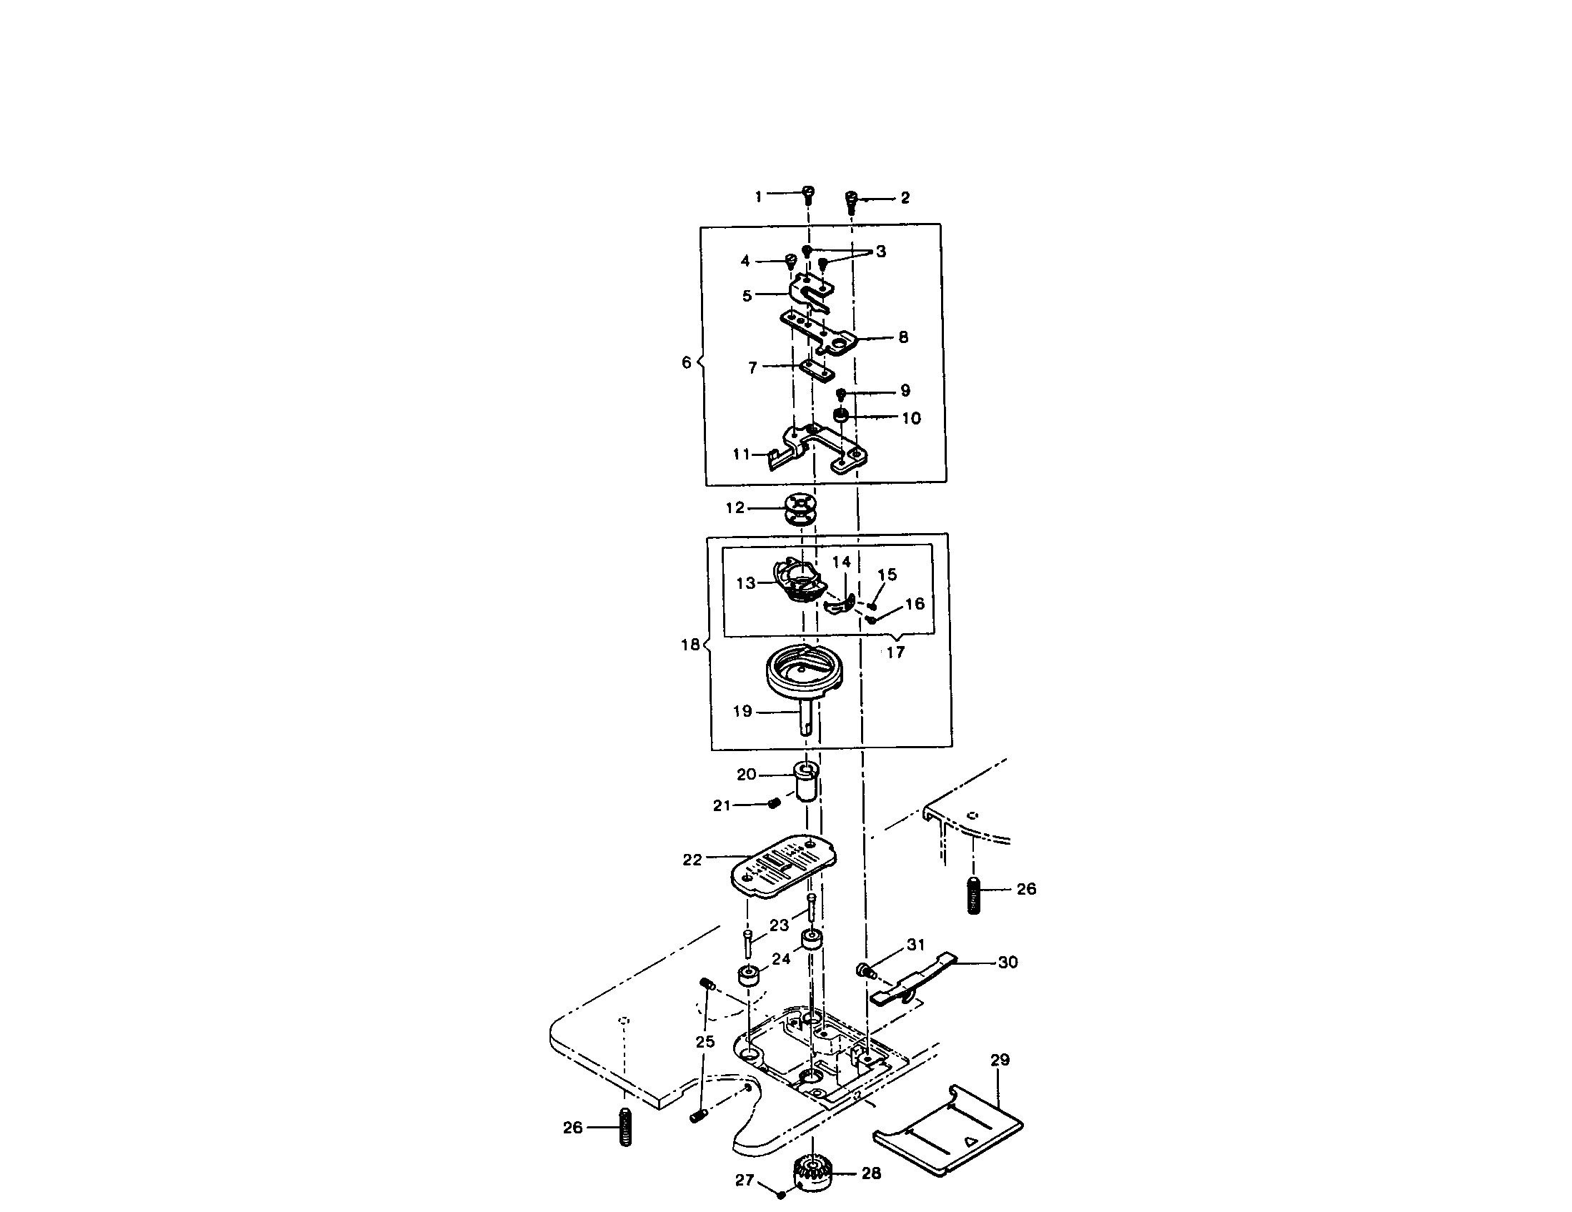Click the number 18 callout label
690,645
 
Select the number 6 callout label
686,362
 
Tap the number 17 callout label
895,652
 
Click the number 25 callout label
705,1041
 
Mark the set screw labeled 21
775,803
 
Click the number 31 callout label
915,944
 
